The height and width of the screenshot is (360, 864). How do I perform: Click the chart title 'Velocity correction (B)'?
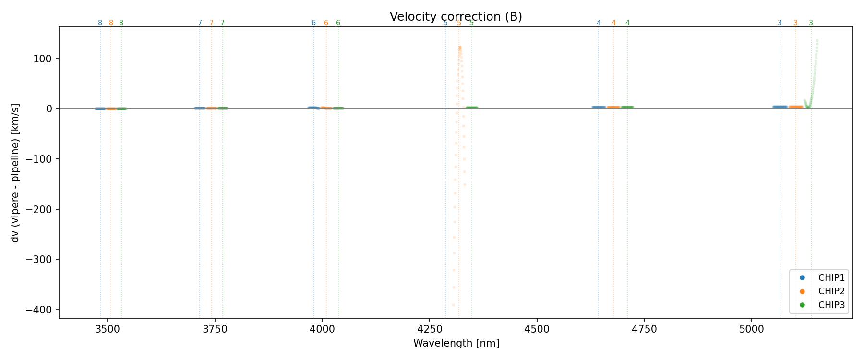pyautogui.click(x=456, y=17)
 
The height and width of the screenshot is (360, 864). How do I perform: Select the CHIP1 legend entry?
pyautogui.click(x=831, y=277)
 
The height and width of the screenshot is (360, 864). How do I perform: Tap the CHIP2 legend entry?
pyautogui.click(x=831, y=291)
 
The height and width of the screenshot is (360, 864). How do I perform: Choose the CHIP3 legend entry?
pyautogui.click(x=831, y=305)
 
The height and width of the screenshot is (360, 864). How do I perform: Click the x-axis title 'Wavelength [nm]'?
pyautogui.click(x=456, y=343)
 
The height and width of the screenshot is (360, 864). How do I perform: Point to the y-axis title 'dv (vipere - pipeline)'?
pyautogui.click(x=15, y=173)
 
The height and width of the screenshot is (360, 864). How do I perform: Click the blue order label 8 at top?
pyautogui.click(x=100, y=23)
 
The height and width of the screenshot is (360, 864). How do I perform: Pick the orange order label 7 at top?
pyautogui.click(x=211, y=23)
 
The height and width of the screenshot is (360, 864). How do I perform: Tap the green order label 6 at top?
pyautogui.click(x=338, y=23)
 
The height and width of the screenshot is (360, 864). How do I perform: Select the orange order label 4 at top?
pyautogui.click(x=613, y=23)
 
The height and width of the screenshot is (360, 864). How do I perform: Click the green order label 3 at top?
pyautogui.click(x=811, y=23)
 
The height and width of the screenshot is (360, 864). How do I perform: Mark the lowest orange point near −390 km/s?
pyautogui.click(x=453, y=305)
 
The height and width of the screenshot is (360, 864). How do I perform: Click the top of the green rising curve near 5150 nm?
pyautogui.click(x=817, y=41)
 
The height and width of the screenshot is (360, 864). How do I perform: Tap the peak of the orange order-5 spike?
pyautogui.click(x=459, y=48)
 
